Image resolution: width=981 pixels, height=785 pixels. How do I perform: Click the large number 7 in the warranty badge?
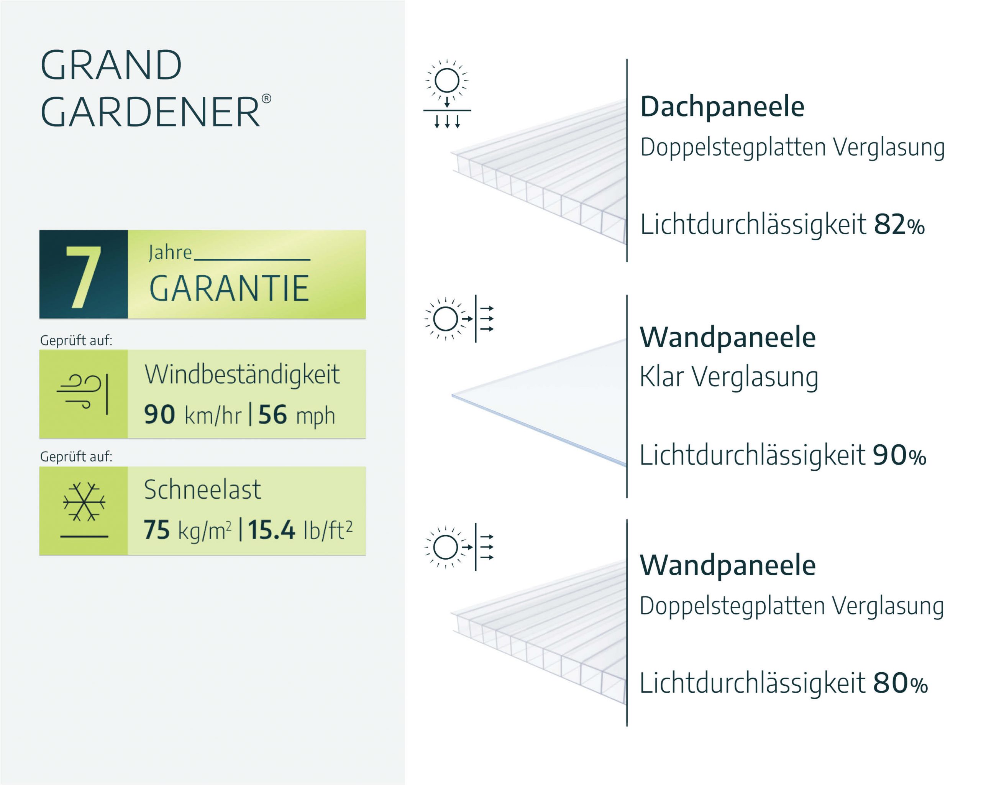[x=83, y=277]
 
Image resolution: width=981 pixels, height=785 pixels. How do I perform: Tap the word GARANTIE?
[x=229, y=289]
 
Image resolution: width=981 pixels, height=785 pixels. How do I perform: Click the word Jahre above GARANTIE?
[x=170, y=253]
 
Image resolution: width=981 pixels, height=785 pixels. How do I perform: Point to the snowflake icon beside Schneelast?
[x=84, y=503]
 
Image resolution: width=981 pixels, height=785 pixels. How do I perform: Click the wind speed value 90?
[x=159, y=415]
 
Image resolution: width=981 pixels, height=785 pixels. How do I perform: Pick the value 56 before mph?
[x=272, y=415]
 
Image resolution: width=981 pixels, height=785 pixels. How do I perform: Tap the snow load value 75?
[x=156, y=530]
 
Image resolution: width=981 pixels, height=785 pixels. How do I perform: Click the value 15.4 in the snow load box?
[x=271, y=530]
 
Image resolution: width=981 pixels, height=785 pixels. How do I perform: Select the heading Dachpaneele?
[x=722, y=107]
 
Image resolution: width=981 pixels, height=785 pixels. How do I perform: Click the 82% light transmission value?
[x=899, y=224]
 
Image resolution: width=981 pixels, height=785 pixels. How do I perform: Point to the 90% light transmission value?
[x=899, y=455]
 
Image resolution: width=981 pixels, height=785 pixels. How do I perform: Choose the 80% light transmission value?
[x=899, y=683]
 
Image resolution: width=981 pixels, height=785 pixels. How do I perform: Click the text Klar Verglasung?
[x=728, y=377]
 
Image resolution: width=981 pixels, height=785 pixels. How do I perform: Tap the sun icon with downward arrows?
[x=447, y=93]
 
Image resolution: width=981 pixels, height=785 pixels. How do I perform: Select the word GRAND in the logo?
[x=111, y=65]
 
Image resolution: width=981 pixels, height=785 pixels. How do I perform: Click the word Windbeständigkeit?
[x=242, y=374]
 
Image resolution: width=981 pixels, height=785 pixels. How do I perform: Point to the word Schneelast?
[x=202, y=489]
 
